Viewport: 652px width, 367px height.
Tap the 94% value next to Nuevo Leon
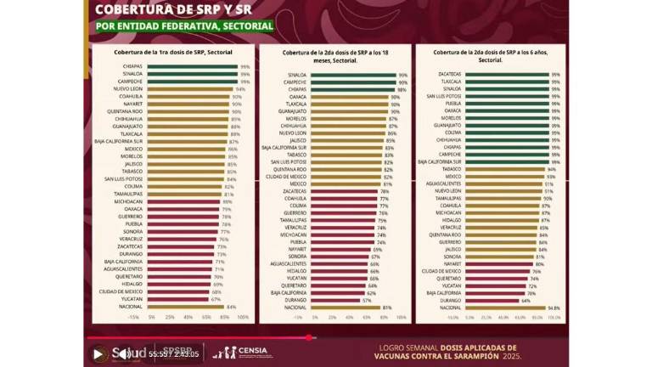[x=240, y=88]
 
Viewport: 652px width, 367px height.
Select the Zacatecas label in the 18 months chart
[x=295, y=191]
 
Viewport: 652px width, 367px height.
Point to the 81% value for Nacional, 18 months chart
[x=387, y=307]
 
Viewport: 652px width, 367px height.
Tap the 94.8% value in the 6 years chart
[x=554, y=308]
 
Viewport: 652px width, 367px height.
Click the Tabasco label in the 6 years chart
[x=451, y=168]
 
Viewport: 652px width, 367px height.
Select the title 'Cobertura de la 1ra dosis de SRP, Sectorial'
[x=173, y=53]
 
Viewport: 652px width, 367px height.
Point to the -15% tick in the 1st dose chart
[x=132, y=316]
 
